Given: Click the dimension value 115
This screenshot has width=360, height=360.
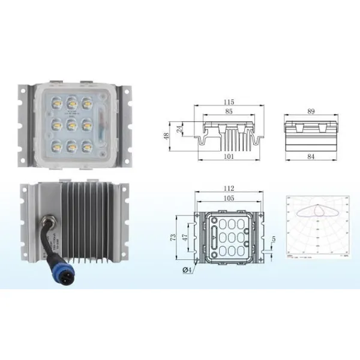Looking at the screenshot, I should pos(229,102).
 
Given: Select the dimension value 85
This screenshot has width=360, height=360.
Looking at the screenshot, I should pos(229,111).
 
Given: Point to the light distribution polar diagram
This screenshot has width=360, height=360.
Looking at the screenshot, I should pos(314,225).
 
